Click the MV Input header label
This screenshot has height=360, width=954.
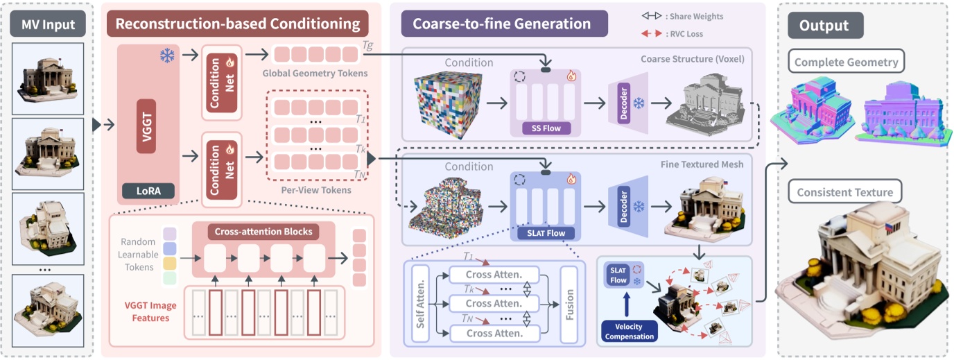[x=48, y=25]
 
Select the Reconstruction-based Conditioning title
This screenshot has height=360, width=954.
[x=238, y=25]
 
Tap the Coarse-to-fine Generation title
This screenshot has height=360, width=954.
[x=502, y=24]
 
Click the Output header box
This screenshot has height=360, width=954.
[x=824, y=26]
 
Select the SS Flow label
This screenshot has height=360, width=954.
[x=546, y=128]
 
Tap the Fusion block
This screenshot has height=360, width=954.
[x=569, y=304]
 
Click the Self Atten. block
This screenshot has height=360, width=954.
[x=419, y=303]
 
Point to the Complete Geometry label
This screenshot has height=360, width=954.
[x=847, y=62]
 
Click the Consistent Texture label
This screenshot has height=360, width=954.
[x=844, y=192]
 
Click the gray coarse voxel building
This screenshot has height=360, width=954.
[x=703, y=102]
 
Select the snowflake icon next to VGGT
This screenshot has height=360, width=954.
[x=168, y=55]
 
